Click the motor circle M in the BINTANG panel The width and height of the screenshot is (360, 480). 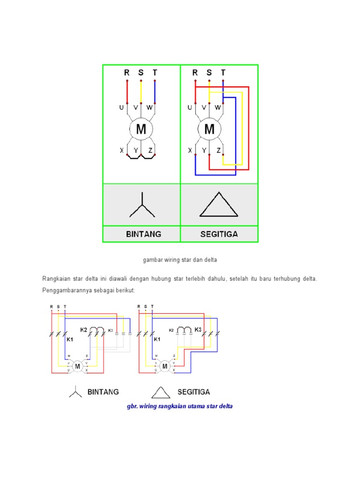click(x=141, y=128)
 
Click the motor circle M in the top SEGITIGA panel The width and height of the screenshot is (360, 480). click(x=209, y=128)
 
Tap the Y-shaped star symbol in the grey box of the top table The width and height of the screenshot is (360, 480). click(x=142, y=206)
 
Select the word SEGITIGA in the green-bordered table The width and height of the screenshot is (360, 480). click(x=219, y=234)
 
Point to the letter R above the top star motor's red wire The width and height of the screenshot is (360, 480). click(x=127, y=73)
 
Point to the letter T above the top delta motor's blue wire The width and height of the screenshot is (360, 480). click(x=223, y=73)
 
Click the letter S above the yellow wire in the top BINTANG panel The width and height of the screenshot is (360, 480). click(x=141, y=73)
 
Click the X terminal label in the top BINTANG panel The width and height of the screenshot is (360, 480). click(x=122, y=150)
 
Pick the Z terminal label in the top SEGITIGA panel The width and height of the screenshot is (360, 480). click(x=219, y=150)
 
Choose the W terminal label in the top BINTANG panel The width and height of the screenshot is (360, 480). click(x=150, y=107)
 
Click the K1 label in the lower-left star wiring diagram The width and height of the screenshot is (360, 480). click(x=70, y=339)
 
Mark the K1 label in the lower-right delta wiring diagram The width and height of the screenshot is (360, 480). click(x=157, y=339)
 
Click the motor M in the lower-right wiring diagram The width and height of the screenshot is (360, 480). click(x=165, y=366)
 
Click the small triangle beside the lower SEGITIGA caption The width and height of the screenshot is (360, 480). click(x=161, y=392)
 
